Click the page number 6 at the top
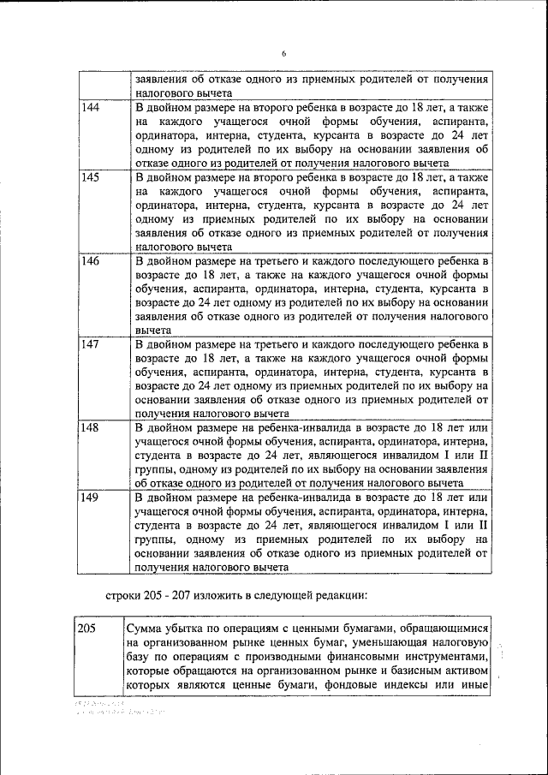(283, 54)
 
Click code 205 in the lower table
(86, 629)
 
